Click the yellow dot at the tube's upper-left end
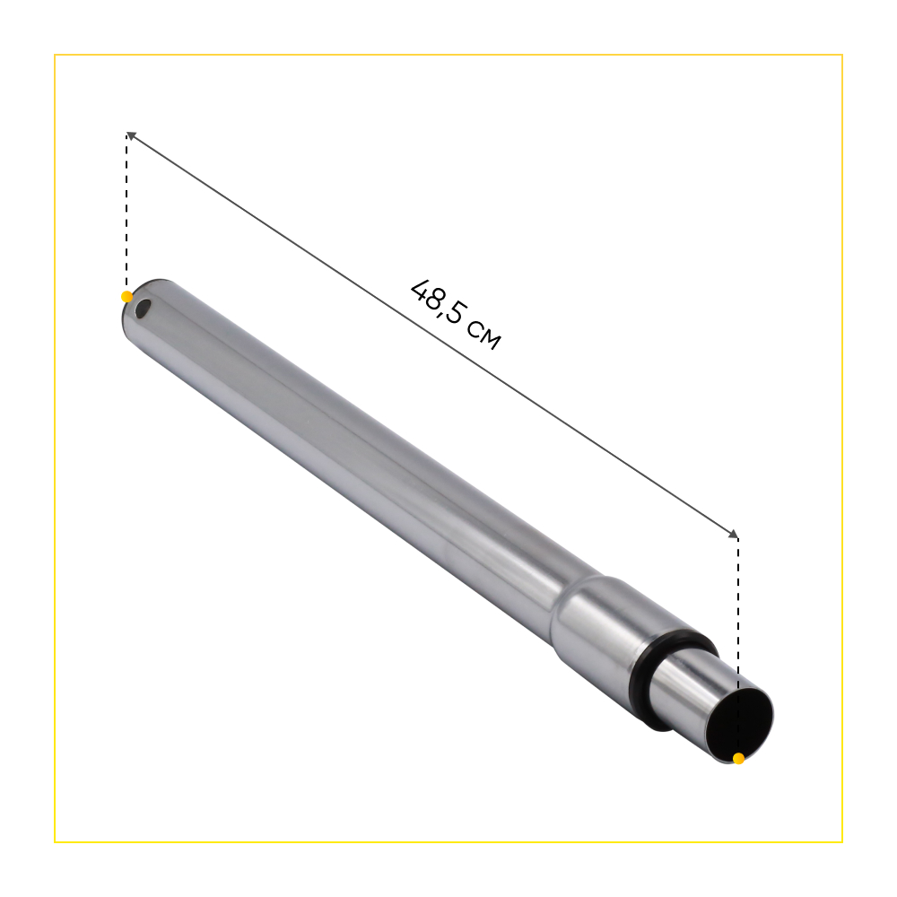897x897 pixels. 127,297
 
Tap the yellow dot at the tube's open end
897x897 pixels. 738,759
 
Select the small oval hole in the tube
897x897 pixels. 143,309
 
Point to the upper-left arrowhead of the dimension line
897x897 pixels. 130,135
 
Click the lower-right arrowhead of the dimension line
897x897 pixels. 734,535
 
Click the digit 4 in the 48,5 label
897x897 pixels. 422,291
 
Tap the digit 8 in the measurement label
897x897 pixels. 436,303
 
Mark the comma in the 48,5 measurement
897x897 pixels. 442,318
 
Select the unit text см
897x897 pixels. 484,335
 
